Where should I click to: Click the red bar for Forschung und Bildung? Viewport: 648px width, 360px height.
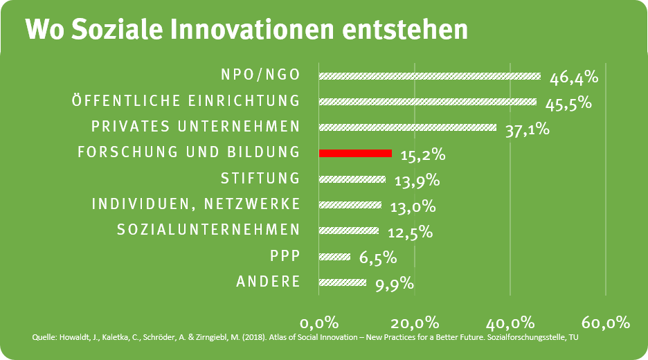click(x=355, y=153)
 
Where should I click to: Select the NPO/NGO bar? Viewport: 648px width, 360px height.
click(x=429, y=76)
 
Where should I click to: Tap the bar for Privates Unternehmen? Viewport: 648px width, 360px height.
click(x=408, y=127)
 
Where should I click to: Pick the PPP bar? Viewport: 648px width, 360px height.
click(x=334, y=257)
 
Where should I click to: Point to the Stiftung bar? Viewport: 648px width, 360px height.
click(x=352, y=179)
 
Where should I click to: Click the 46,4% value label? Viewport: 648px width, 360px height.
click(x=573, y=77)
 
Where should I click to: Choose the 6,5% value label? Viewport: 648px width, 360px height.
click(x=377, y=258)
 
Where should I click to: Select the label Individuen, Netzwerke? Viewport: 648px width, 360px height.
click(x=197, y=204)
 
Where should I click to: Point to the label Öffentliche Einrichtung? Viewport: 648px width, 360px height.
click(x=186, y=101)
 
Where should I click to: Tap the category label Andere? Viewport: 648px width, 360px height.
click(x=269, y=281)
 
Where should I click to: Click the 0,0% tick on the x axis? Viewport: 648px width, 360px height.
click(x=319, y=323)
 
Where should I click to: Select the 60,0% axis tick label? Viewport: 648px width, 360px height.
click(x=605, y=323)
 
